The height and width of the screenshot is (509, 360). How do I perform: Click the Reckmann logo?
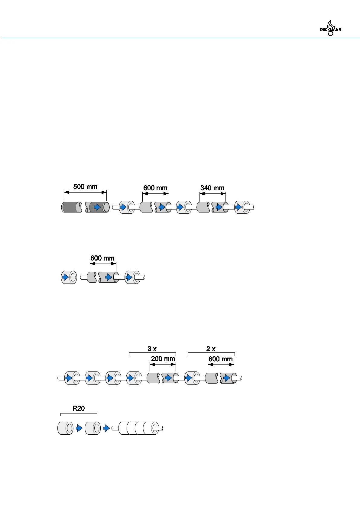[330, 28]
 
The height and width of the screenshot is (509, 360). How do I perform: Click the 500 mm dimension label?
[85, 186]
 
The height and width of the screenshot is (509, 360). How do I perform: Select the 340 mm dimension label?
[212, 188]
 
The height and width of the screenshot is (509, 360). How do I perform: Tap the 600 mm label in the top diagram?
[155, 188]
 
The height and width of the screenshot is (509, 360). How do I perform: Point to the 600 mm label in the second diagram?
[102, 258]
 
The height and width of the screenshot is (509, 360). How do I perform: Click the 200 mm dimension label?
[163, 359]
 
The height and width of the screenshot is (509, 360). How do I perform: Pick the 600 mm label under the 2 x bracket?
[221, 359]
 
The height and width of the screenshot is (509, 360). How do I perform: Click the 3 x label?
[152, 349]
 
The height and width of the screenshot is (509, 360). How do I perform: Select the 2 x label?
[211, 349]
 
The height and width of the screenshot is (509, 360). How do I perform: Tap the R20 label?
[79, 408]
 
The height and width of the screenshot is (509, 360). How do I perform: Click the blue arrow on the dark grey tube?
[97, 207]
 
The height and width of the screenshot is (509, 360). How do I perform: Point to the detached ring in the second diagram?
[69, 277]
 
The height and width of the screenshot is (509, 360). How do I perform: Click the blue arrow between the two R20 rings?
[79, 428]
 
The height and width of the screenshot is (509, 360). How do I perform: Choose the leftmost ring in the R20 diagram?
[65, 428]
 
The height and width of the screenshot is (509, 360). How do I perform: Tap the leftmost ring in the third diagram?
[72, 378]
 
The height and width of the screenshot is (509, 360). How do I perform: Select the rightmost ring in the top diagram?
[242, 207]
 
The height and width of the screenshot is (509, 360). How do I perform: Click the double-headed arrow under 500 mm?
[85, 192]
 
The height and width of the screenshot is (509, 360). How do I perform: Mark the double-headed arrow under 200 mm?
[163, 365]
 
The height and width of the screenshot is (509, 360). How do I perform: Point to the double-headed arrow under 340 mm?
[212, 193]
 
